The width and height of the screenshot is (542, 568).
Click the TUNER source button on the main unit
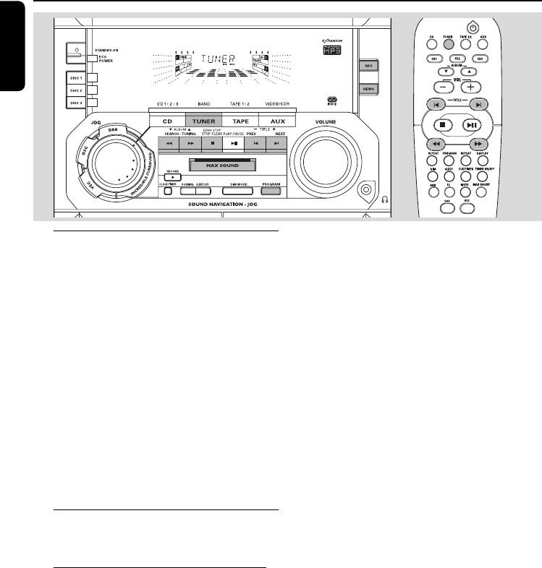pyautogui.click(x=203, y=122)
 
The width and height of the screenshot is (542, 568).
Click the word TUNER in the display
pyautogui.click(x=214, y=59)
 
